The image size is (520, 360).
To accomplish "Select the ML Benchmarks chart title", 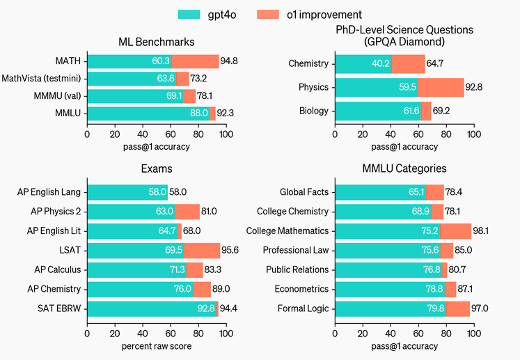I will click(156, 42).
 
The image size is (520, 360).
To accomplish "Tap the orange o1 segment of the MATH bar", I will click(195, 61).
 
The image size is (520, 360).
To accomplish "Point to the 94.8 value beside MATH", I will click(230, 61).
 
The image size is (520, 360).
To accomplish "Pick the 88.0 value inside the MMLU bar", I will click(199, 113).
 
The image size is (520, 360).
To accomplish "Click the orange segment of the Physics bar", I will click(441, 87).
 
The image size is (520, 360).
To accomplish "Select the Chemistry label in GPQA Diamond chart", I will click(308, 64).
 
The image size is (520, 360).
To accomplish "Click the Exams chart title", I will click(156, 169).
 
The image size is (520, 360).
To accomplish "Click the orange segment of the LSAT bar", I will click(202, 250).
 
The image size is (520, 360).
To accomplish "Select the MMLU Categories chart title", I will click(404, 169).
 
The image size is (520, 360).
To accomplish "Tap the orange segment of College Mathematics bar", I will click(455, 231).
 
